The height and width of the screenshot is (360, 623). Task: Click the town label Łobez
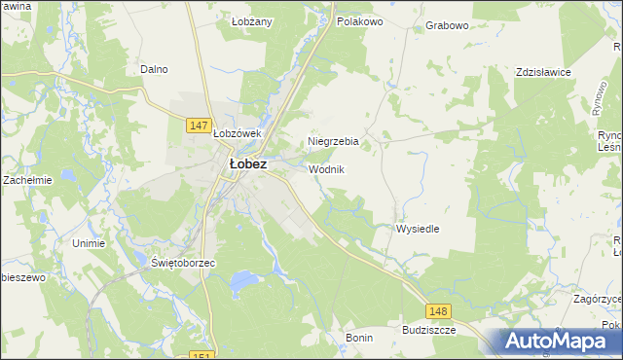pyautogui.click(x=247, y=164)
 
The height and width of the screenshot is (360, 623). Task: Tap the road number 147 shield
pyautogui.click(x=199, y=126)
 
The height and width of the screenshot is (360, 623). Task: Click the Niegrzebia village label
pyautogui.click(x=333, y=141)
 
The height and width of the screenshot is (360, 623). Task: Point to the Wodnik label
pyautogui.click(x=326, y=169)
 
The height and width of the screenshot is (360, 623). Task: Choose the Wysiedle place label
pyautogui.click(x=418, y=229)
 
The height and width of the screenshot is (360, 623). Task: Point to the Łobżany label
pyautogui.click(x=250, y=20)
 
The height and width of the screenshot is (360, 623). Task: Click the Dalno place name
pyautogui.click(x=154, y=69)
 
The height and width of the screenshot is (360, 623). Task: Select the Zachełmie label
pyautogui.click(x=27, y=180)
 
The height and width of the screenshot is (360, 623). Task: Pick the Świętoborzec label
pyautogui.click(x=183, y=264)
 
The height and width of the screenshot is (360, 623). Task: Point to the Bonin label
pyautogui.click(x=359, y=337)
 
